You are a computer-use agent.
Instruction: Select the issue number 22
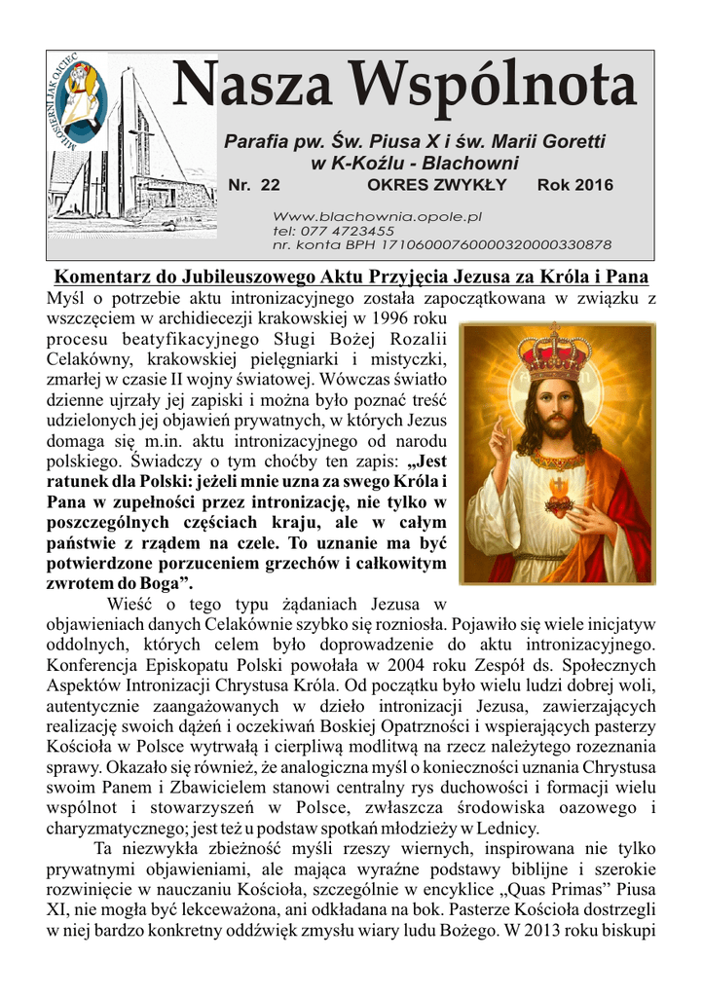click(x=270, y=185)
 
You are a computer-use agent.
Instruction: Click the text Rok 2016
click(x=575, y=185)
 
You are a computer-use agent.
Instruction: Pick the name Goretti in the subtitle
click(x=571, y=142)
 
